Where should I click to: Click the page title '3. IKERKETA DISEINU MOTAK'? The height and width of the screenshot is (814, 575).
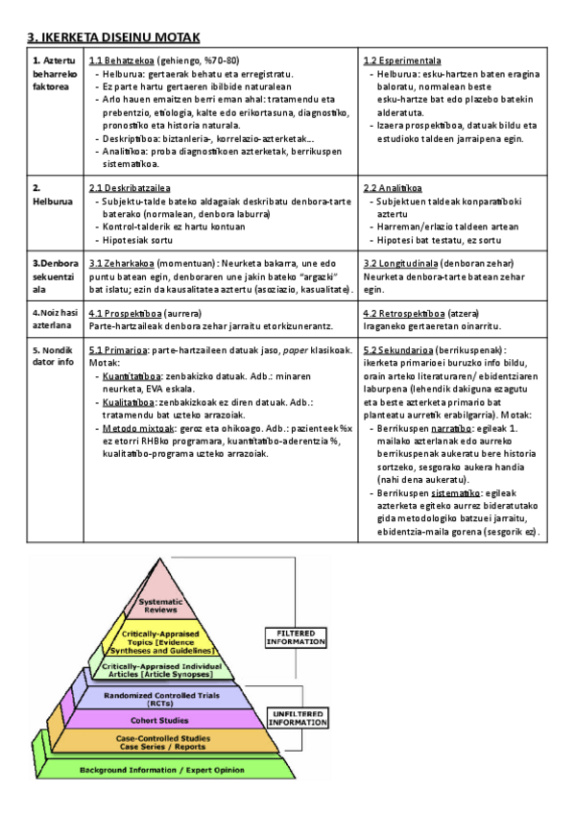113,36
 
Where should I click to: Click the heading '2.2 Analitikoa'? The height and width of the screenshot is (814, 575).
394,188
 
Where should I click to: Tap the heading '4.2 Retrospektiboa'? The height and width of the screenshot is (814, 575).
403,314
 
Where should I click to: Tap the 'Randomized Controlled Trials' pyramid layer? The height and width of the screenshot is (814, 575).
158,696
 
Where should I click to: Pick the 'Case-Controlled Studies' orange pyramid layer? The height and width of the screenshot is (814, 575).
158,742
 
